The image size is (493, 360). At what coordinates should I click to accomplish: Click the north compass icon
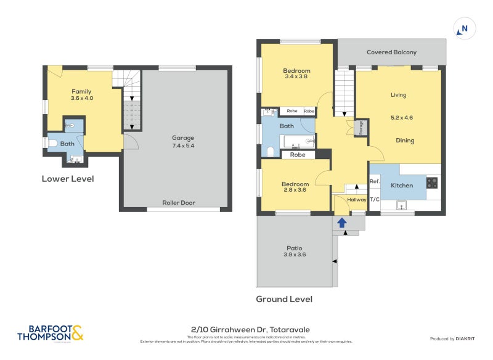pyautogui.click(x=463, y=28)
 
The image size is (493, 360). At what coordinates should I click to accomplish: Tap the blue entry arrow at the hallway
pyautogui.click(x=341, y=222)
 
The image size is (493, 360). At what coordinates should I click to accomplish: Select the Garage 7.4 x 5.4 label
pyautogui.click(x=183, y=142)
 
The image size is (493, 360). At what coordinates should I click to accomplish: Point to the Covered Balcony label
pyautogui.click(x=391, y=52)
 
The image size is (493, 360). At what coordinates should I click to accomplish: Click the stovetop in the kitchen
pyautogui.click(x=432, y=182)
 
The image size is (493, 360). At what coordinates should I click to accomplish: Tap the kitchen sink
pyautogui.click(x=402, y=206)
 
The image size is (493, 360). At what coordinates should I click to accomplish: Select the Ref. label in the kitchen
pyautogui.click(x=374, y=181)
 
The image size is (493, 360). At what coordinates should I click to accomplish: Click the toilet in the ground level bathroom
pyautogui.click(x=270, y=151)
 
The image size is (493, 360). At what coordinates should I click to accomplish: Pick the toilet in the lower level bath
pyautogui.click(x=53, y=144)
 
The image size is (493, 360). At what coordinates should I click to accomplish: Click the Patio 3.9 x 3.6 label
pyautogui.click(x=295, y=251)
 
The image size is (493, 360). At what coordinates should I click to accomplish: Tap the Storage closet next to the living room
pyautogui.click(x=361, y=128)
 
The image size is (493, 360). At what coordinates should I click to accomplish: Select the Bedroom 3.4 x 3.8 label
pyautogui.click(x=297, y=73)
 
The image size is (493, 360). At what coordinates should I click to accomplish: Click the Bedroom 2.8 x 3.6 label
pyautogui.click(x=295, y=187)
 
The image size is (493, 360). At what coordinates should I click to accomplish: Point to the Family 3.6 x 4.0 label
pyautogui.click(x=81, y=94)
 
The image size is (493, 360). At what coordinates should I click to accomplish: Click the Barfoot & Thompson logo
pyautogui.click(x=51, y=333)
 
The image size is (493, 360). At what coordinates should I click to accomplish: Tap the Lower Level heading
pyautogui.click(x=68, y=179)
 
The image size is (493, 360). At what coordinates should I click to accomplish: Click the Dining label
pyautogui.click(x=405, y=141)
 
